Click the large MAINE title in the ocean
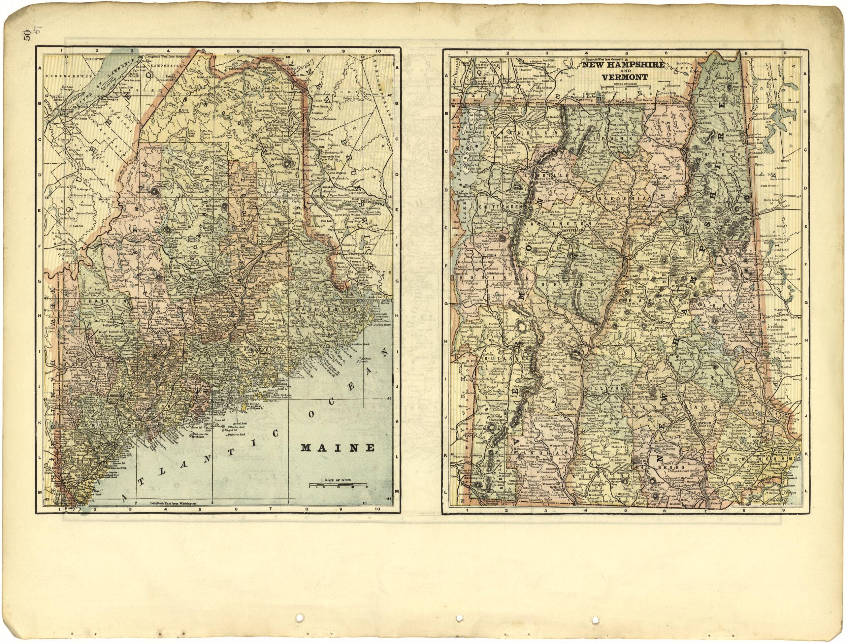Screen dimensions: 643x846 pos(337,448)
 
